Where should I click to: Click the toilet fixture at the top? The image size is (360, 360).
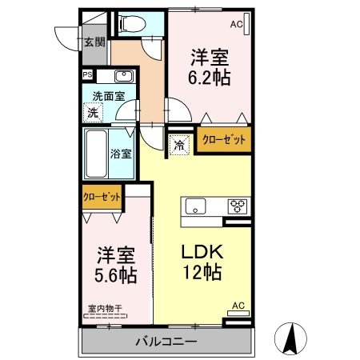click(x=128, y=25)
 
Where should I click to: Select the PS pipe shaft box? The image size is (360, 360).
click(x=87, y=77)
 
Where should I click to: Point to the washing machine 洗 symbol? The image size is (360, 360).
click(x=94, y=113)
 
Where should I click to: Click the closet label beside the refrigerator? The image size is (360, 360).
click(x=224, y=139)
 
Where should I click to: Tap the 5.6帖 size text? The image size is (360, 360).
click(x=115, y=276)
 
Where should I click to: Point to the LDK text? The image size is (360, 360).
click(x=205, y=250)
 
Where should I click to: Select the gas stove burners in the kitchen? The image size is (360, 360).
click(x=237, y=206)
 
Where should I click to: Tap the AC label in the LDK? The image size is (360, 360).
click(x=237, y=305)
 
